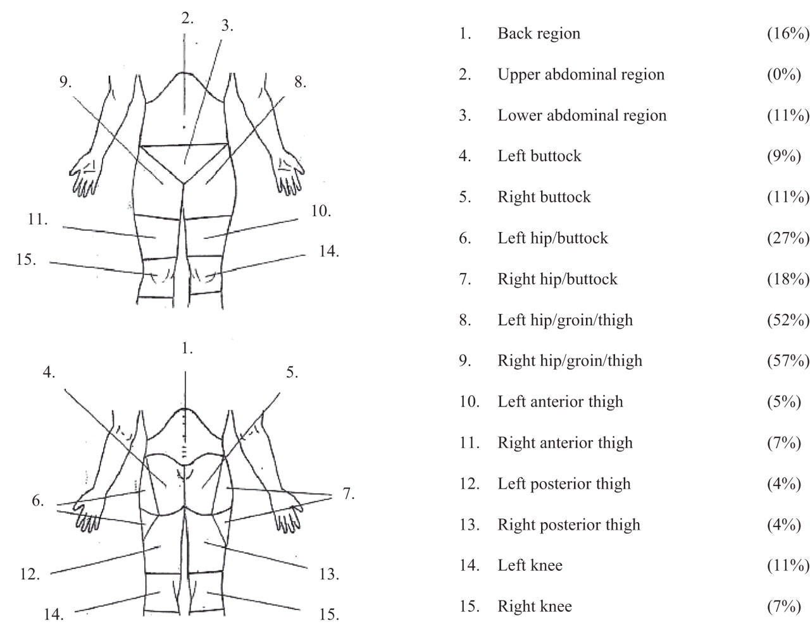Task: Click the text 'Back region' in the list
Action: pos(539,34)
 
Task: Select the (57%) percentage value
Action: pos(788,361)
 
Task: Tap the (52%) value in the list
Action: pos(788,320)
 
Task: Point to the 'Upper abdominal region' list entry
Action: pos(581,75)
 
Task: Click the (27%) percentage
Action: pos(788,238)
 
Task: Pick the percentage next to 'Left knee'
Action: pos(788,565)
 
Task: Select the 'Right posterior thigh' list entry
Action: pos(569,525)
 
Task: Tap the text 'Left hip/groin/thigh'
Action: pos(565,320)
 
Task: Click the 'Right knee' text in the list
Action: pos(535,606)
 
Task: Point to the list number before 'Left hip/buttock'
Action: pos(465,238)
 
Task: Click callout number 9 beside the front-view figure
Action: pos(66,83)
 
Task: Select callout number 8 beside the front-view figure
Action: pos(300,83)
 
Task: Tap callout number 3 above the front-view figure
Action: pos(227,26)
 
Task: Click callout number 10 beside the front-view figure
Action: pos(321,211)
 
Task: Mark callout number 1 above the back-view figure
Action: pos(187,348)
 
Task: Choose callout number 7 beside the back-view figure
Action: pos(347,494)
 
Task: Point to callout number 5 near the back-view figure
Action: pos(292,372)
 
